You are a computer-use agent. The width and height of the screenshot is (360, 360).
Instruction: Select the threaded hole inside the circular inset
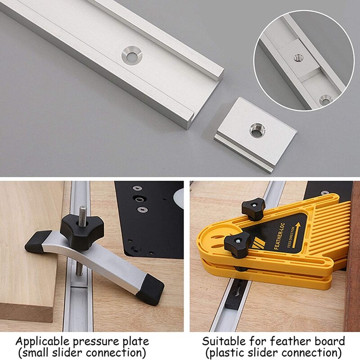(298, 57)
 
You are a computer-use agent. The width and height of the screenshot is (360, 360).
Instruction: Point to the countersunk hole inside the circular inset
(324, 99)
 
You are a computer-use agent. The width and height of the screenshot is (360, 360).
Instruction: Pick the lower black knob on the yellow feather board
(237, 244)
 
